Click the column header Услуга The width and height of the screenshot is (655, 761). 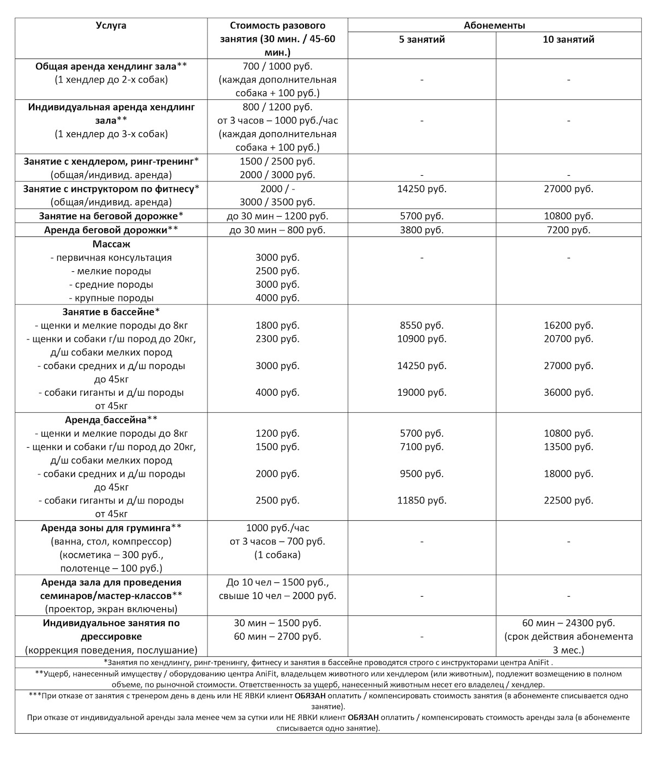point(111,26)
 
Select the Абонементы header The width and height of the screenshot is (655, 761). point(494,26)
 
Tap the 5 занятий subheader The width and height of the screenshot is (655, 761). point(421,39)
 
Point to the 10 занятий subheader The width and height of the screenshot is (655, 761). point(568,39)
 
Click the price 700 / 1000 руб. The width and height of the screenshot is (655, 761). point(277,66)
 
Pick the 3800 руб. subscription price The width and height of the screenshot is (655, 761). point(421,230)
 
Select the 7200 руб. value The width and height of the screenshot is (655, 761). point(568,230)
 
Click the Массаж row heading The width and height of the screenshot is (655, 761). point(111,244)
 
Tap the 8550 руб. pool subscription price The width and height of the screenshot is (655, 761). point(421,325)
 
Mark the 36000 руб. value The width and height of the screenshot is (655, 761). point(568,393)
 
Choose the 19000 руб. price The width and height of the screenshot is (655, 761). point(421,393)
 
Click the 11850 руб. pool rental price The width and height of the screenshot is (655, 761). point(421,501)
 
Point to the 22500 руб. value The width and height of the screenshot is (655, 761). point(568,501)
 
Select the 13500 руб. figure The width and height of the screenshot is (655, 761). point(568,447)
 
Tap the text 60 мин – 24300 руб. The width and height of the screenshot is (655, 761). point(568,623)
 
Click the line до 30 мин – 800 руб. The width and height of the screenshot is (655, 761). point(277,230)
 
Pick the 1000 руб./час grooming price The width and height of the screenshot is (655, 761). point(277,528)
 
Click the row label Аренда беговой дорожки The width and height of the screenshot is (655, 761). point(111,230)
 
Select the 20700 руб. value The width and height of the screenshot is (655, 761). point(568,338)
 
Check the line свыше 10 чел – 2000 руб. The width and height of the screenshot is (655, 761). point(277,596)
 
